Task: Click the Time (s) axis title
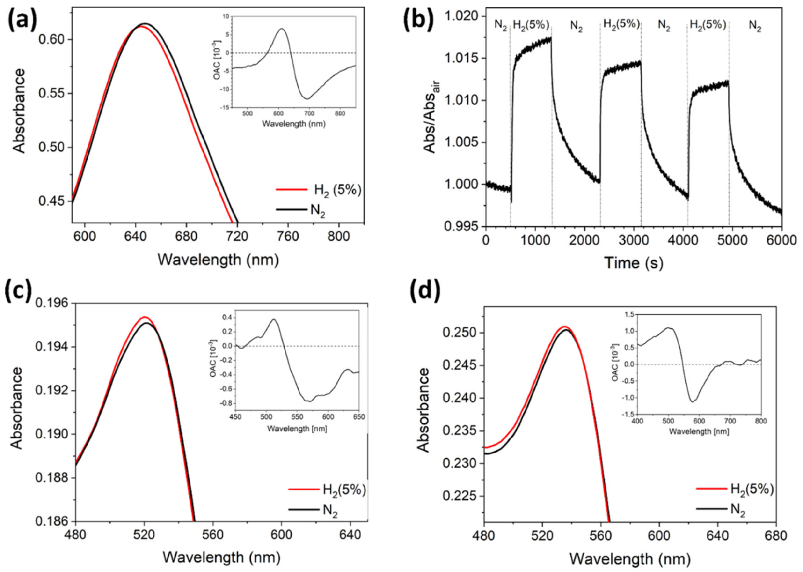(x=634, y=263)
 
